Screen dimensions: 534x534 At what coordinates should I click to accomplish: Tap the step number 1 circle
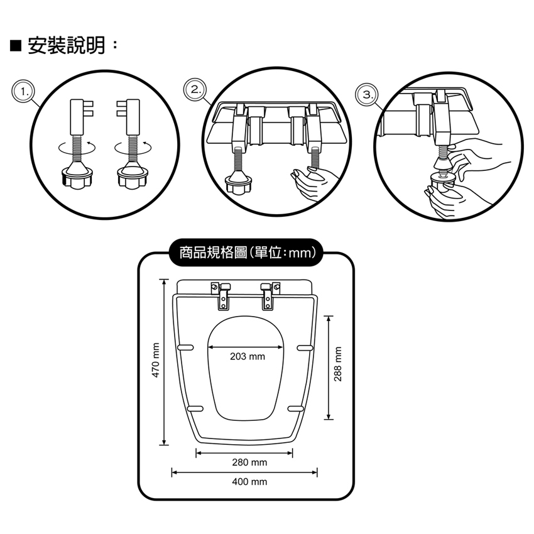click(x=25, y=92)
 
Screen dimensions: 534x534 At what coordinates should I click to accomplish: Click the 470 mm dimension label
click(x=156, y=360)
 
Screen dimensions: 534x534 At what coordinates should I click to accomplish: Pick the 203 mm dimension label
click(x=248, y=357)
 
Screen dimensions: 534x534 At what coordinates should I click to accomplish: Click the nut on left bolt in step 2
click(x=239, y=186)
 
